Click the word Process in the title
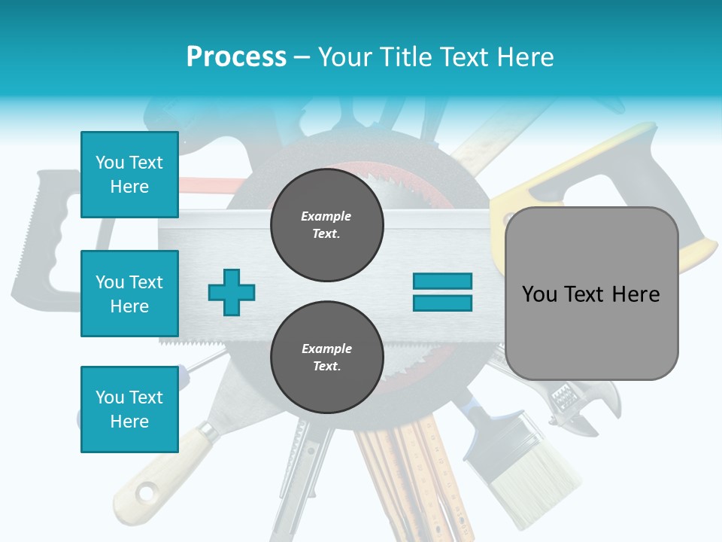click(236, 56)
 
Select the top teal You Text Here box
click(129, 175)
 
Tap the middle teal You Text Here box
click(129, 294)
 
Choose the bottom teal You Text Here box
click(129, 409)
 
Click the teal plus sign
click(232, 292)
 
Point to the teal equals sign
click(442, 292)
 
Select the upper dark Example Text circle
click(326, 225)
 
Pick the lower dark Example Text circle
click(326, 358)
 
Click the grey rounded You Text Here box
click(591, 294)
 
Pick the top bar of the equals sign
click(442, 281)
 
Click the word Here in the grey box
click(636, 294)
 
